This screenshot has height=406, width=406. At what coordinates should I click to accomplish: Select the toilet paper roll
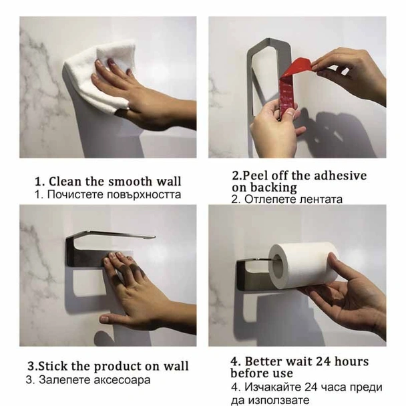point(303,264)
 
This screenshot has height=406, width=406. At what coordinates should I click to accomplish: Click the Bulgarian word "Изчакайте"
point(273,387)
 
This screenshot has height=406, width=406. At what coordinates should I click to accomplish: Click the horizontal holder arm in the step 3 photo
point(114,234)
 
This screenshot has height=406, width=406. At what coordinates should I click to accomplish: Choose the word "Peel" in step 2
point(253,176)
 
